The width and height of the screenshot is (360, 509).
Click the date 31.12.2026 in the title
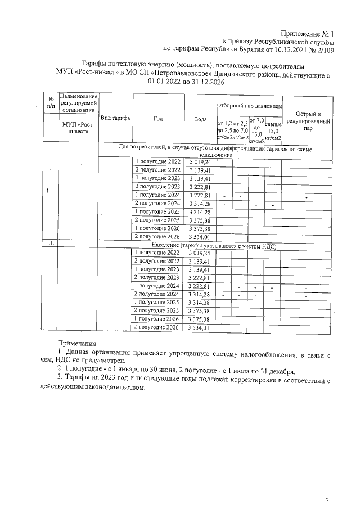coord(206,81)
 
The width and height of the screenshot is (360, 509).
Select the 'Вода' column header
coord(200,119)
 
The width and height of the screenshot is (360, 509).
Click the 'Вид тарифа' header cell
coord(115,119)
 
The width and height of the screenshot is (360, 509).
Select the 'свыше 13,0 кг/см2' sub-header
coord(273,129)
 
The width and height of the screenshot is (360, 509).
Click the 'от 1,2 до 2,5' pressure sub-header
coord(224,130)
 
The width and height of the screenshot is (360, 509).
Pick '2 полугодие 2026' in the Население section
coord(157,327)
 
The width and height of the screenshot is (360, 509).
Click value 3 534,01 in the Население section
coord(200,327)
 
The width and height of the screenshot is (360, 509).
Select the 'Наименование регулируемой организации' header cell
coord(78,103)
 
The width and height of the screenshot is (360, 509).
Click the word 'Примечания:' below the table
coord(78,343)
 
